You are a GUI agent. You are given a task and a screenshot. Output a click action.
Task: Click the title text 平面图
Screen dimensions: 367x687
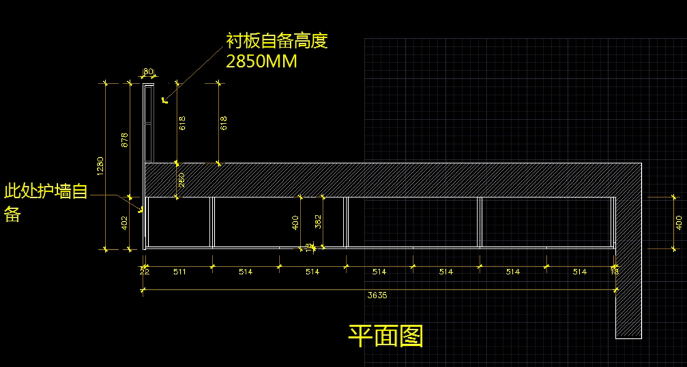pyautogui.click(x=386, y=337)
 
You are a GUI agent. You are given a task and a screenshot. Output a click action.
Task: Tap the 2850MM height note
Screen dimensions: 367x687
pyautogui.click(x=262, y=61)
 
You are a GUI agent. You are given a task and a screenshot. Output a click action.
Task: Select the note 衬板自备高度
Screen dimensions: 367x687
pyautogui.click(x=277, y=41)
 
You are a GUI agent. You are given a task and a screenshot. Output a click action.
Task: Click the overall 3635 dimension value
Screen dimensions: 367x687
pyautogui.click(x=378, y=295)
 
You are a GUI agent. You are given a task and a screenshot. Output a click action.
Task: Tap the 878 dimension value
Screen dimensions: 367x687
pyautogui.click(x=124, y=140)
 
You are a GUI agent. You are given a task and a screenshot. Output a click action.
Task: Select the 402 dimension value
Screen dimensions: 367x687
pyautogui.click(x=124, y=223)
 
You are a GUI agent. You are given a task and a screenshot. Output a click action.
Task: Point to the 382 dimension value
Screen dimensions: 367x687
pyautogui.click(x=319, y=221)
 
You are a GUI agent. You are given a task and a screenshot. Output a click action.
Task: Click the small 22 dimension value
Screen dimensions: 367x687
pyautogui.click(x=144, y=272)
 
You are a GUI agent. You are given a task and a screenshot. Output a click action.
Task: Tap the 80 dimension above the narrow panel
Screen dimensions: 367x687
pyautogui.click(x=148, y=71)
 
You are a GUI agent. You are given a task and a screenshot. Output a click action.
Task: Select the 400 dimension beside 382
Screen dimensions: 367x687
pyautogui.click(x=296, y=222)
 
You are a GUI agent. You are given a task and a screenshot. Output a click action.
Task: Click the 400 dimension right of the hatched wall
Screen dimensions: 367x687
pyautogui.click(x=679, y=222)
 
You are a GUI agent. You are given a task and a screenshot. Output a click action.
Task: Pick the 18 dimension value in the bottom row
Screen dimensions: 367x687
pyautogui.click(x=614, y=272)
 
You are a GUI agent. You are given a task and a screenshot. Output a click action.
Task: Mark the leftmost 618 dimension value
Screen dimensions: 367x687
pyautogui.click(x=182, y=123)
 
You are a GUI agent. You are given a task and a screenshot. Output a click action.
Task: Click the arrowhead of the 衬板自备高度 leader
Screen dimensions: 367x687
pyautogui.click(x=164, y=101)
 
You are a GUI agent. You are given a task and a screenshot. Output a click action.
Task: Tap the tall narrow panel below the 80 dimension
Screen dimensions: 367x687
pyautogui.click(x=148, y=123)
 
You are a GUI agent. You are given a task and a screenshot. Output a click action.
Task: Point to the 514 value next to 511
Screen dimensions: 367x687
pyautogui.click(x=246, y=272)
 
